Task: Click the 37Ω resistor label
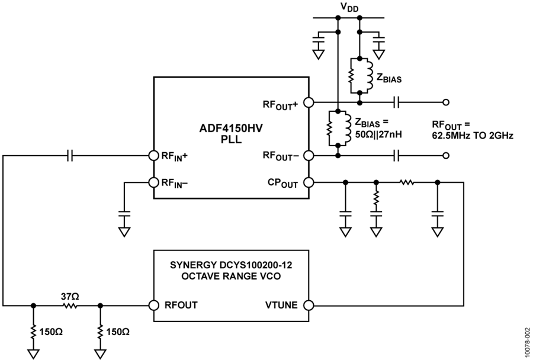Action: click(x=70, y=297)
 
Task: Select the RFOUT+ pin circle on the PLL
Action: click(x=309, y=102)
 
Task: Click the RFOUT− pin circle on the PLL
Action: click(x=309, y=156)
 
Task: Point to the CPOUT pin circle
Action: click(x=309, y=182)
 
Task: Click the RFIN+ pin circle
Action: click(x=154, y=156)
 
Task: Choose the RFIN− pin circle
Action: click(x=154, y=182)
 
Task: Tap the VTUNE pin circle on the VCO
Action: click(x=309, y=306)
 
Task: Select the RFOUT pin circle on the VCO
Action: click(x=154, y=306)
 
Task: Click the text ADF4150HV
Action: click(x=231, y=129)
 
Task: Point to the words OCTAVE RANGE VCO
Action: click(x=231, y=276)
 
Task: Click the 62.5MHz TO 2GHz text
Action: click(x=473, y=135)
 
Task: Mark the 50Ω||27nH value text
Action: click(x=378, y=134)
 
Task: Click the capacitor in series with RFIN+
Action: click(x=70, y=156)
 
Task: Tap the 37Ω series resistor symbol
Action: click(x=70, y=306)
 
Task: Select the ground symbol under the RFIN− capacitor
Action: click(x=124, y=232)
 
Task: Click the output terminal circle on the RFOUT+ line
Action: click(x=447, y=102)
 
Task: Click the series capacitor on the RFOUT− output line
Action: click(x=396, y=156)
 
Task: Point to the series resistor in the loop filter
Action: click(x=406, y=183)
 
